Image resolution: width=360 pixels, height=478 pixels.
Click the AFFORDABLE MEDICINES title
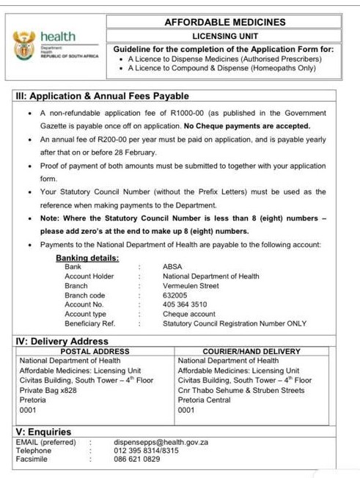[224, 22]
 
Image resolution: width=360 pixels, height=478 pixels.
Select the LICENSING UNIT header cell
[224, 35]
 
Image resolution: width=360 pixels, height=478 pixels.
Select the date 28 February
[133, 152]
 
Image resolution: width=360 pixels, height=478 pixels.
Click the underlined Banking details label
[87, 258]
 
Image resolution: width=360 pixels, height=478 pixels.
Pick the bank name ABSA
[172, 267]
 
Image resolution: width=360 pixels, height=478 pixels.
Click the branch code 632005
[175, 295]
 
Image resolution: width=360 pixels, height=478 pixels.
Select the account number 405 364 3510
[185, 304]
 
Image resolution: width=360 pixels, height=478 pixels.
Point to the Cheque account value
[189, 314]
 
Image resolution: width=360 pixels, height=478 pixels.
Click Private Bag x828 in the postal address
[48, 390]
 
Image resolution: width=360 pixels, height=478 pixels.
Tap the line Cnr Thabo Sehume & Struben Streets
[241, 390]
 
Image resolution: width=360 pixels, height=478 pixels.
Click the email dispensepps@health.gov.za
[161, 442]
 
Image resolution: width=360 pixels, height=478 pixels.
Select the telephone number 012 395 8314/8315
[146, 450]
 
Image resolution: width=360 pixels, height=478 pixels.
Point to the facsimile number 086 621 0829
[136, 459]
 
